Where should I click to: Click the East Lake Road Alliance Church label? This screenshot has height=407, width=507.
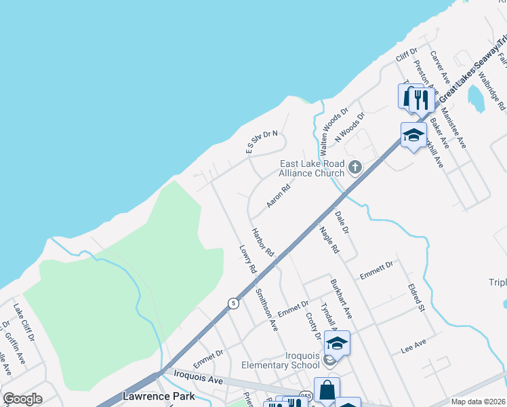[312, 168]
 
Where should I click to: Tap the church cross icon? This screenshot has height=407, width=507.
[354, 167]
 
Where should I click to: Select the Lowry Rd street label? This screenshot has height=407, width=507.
[249, 259]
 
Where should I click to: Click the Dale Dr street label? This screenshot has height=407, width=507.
[342, 222]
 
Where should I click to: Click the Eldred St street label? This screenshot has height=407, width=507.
[416, 298]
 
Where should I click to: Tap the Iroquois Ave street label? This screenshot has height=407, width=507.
[199, 377]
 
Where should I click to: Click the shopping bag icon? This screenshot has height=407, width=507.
[327, 391]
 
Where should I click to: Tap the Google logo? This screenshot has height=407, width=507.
[22, 399]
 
